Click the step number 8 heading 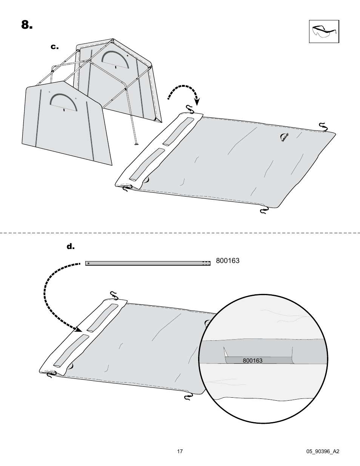(x=27, y=25)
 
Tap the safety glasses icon (x=324, y=31)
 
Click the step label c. (x=55, y=47)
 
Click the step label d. (x=71, y=247)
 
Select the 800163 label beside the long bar (x=228, y=261)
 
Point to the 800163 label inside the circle (x=252, y=360)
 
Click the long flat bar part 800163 (x=148, y=263)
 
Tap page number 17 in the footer (x=180, y=451)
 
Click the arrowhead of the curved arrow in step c (x=197, y=102)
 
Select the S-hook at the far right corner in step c (x=323, y=126)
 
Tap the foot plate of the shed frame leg (x=135, y=144)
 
